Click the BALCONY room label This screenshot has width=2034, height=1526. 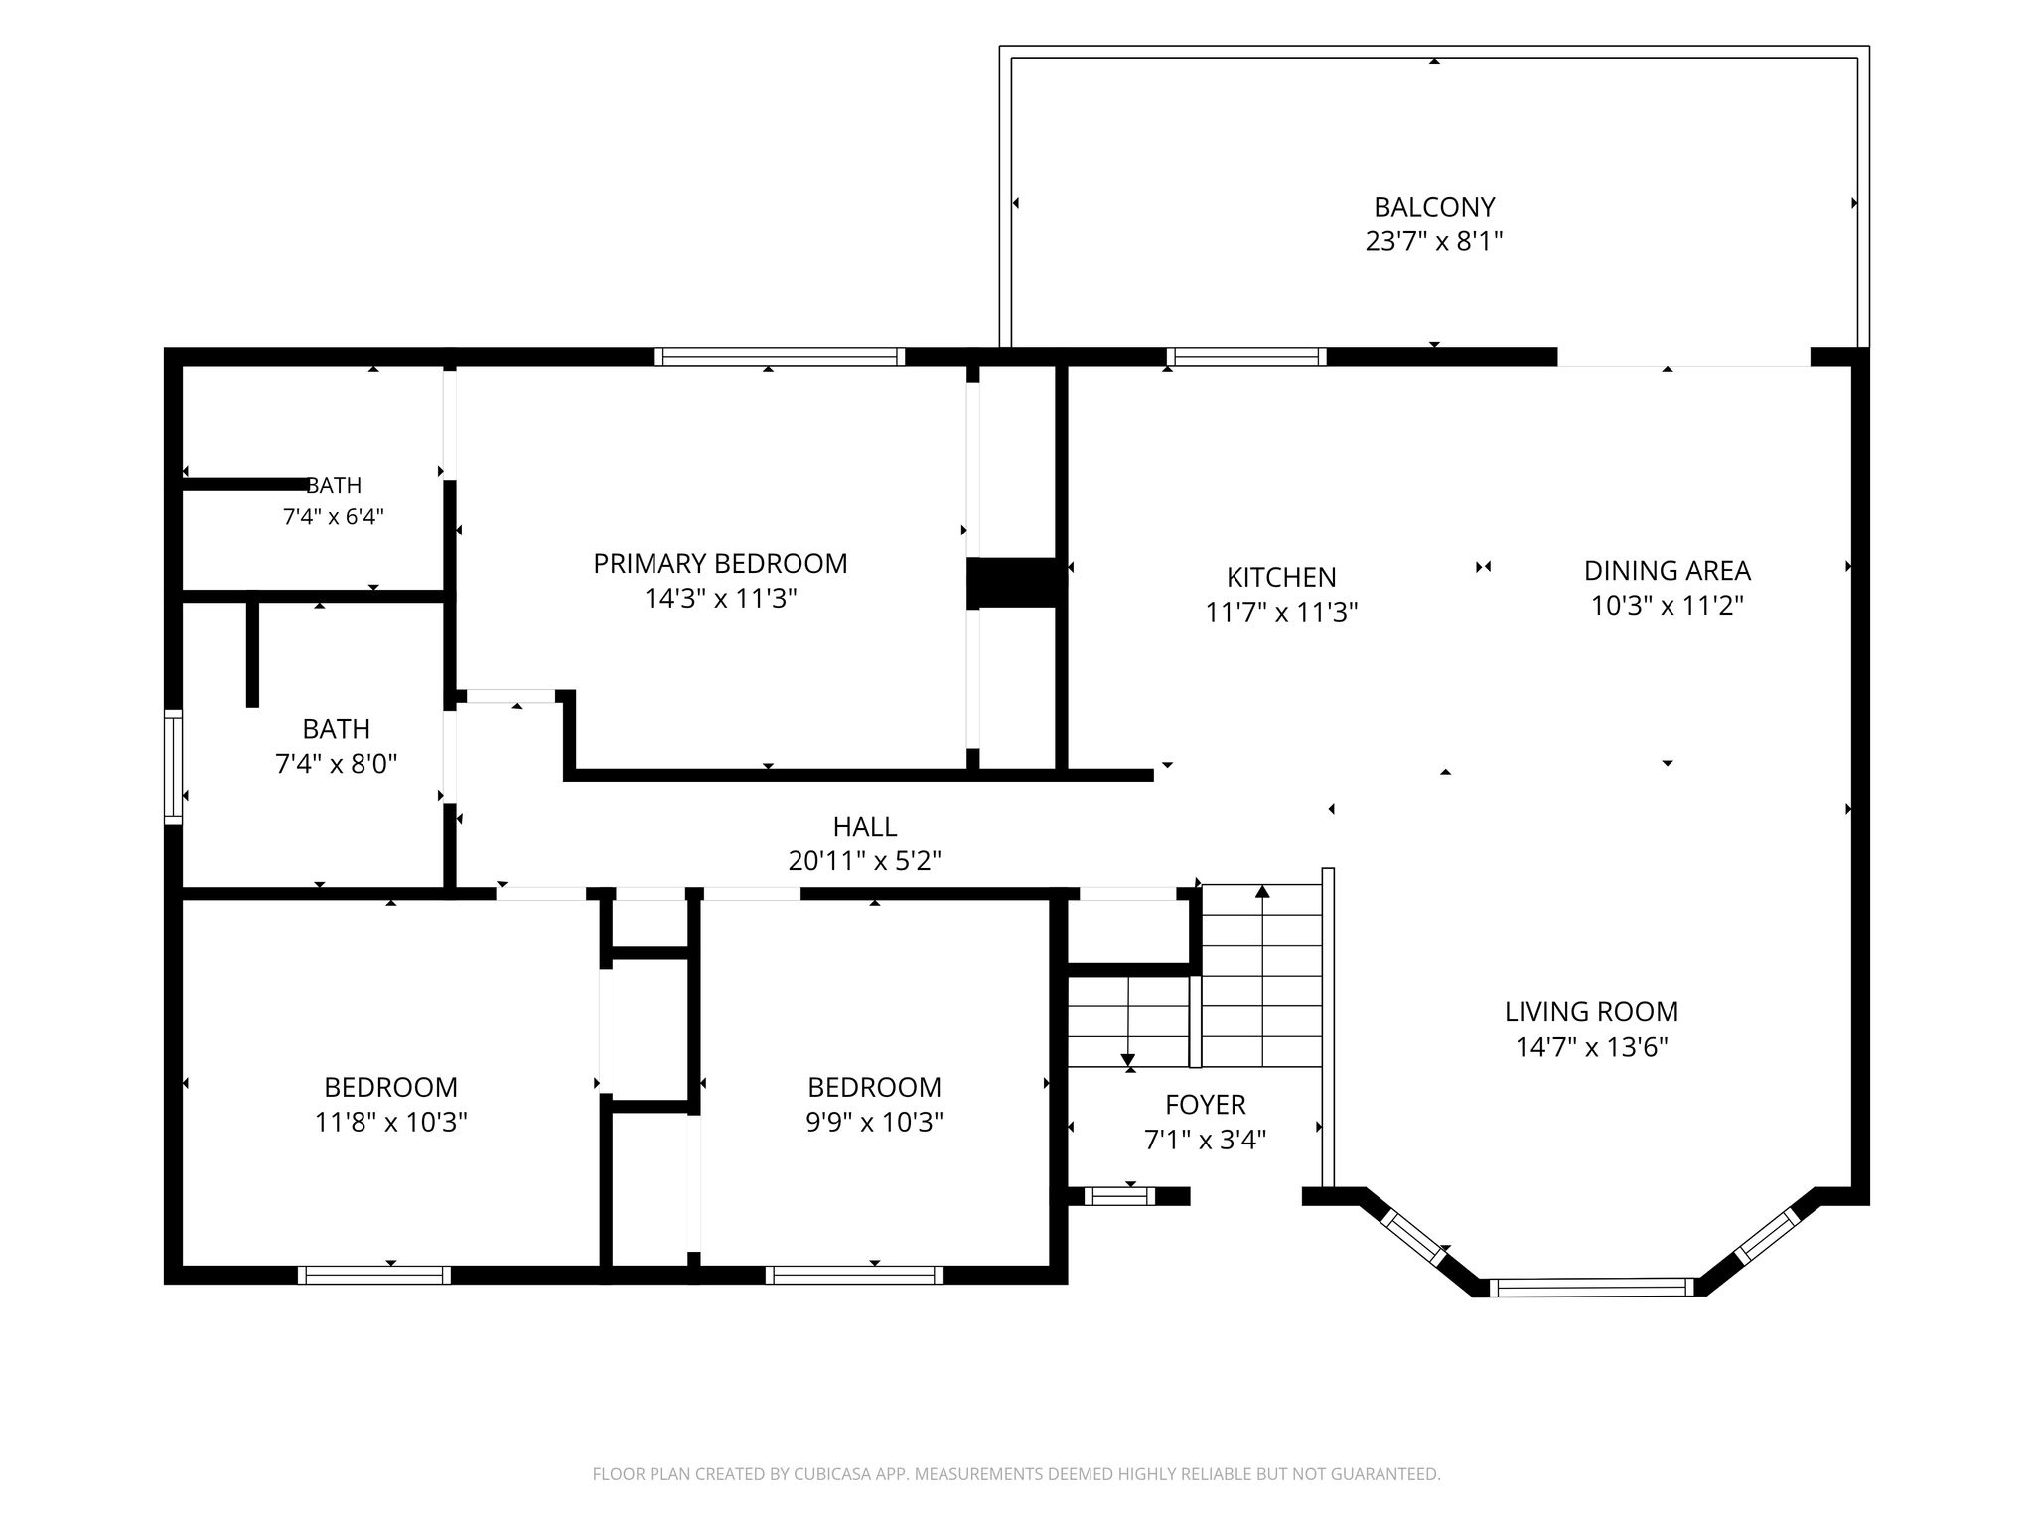pos(1434,207)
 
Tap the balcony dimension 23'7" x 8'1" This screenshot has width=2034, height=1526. pos(1434,241)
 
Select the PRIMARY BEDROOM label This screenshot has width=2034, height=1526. pos(720,564)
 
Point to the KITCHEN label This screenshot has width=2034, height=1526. pos(1281,577)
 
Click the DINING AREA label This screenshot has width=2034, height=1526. pos(1667,571)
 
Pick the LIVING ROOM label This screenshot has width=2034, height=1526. pos(1591,1012)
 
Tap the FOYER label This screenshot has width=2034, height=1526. pos(1206,1105)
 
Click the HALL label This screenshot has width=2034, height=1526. pos(865,827)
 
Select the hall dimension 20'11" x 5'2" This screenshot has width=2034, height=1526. pos(865,861)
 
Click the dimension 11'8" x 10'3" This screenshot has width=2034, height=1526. pos(391,1123)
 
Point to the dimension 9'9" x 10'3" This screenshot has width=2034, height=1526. pos(874,1123)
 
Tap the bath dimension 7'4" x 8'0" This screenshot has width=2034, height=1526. pos(336,764)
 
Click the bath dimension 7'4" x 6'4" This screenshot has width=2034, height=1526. pos(334,517)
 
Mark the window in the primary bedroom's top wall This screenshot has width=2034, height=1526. pos(780,357)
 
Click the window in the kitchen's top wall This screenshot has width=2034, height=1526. pos(1246,357)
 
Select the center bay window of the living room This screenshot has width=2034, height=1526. pos(1593,1288)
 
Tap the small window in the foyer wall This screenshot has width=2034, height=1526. pos(1119,1196)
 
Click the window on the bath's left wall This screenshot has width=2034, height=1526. pos(174,767)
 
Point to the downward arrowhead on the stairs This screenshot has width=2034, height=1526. pos(1128,1062)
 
